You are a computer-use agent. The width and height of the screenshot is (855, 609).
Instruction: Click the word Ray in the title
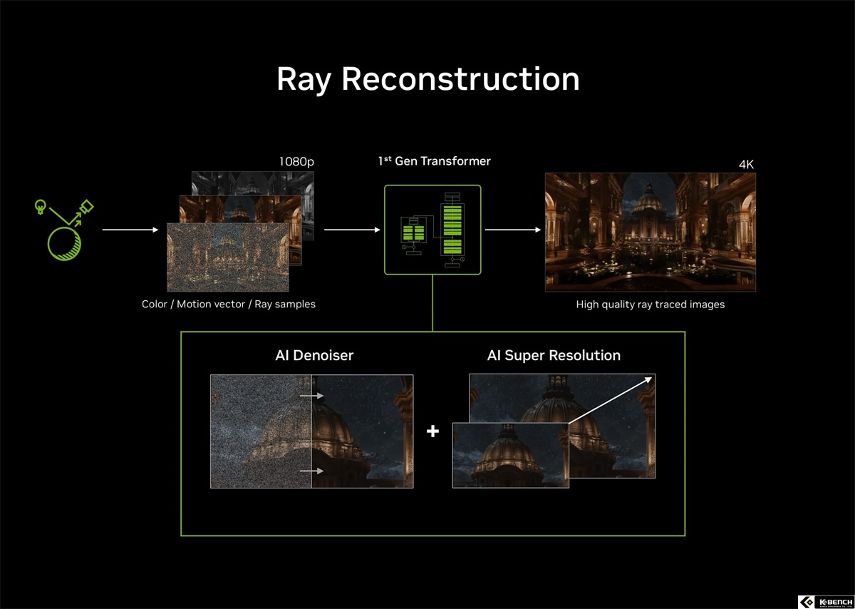(x=304, y=79)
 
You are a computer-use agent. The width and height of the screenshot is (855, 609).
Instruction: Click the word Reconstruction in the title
(x=461, y=78)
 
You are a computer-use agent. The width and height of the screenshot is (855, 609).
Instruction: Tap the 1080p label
(x=296, y=162)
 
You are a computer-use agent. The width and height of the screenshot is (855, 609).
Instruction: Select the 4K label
(x=746, y=164)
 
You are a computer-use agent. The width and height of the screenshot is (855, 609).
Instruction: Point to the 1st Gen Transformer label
(x=435, y=161)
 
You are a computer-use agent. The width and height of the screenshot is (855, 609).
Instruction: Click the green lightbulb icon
(x=40, y=207)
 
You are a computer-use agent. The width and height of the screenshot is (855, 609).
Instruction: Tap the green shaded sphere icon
(x=64, y=244)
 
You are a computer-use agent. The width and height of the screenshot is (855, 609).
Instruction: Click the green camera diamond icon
(x=87, y=206)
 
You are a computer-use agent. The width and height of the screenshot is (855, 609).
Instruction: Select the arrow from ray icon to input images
(x=130, y=230)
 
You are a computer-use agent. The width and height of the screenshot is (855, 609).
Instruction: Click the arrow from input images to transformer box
(x=352, y=230)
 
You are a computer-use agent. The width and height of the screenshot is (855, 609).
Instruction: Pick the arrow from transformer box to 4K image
(x=512, y=230)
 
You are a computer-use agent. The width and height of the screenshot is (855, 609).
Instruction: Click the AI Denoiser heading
(x=314, y=355)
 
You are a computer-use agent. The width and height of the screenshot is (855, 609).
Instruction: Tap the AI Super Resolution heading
(x=554, y=355)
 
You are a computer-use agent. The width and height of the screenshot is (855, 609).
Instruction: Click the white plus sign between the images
(x=432, y=431)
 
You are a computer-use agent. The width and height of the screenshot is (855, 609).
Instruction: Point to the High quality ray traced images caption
(x=650, y=304)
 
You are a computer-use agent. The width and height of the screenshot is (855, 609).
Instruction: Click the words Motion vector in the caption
(x=211, y=304)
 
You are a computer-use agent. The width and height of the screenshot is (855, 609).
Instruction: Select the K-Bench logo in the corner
(x=826, y=602)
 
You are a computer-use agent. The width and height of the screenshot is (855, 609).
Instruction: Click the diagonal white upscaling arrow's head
(x=648, y=379)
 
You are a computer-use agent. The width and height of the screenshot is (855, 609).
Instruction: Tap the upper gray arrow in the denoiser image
(x=311, y=396)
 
